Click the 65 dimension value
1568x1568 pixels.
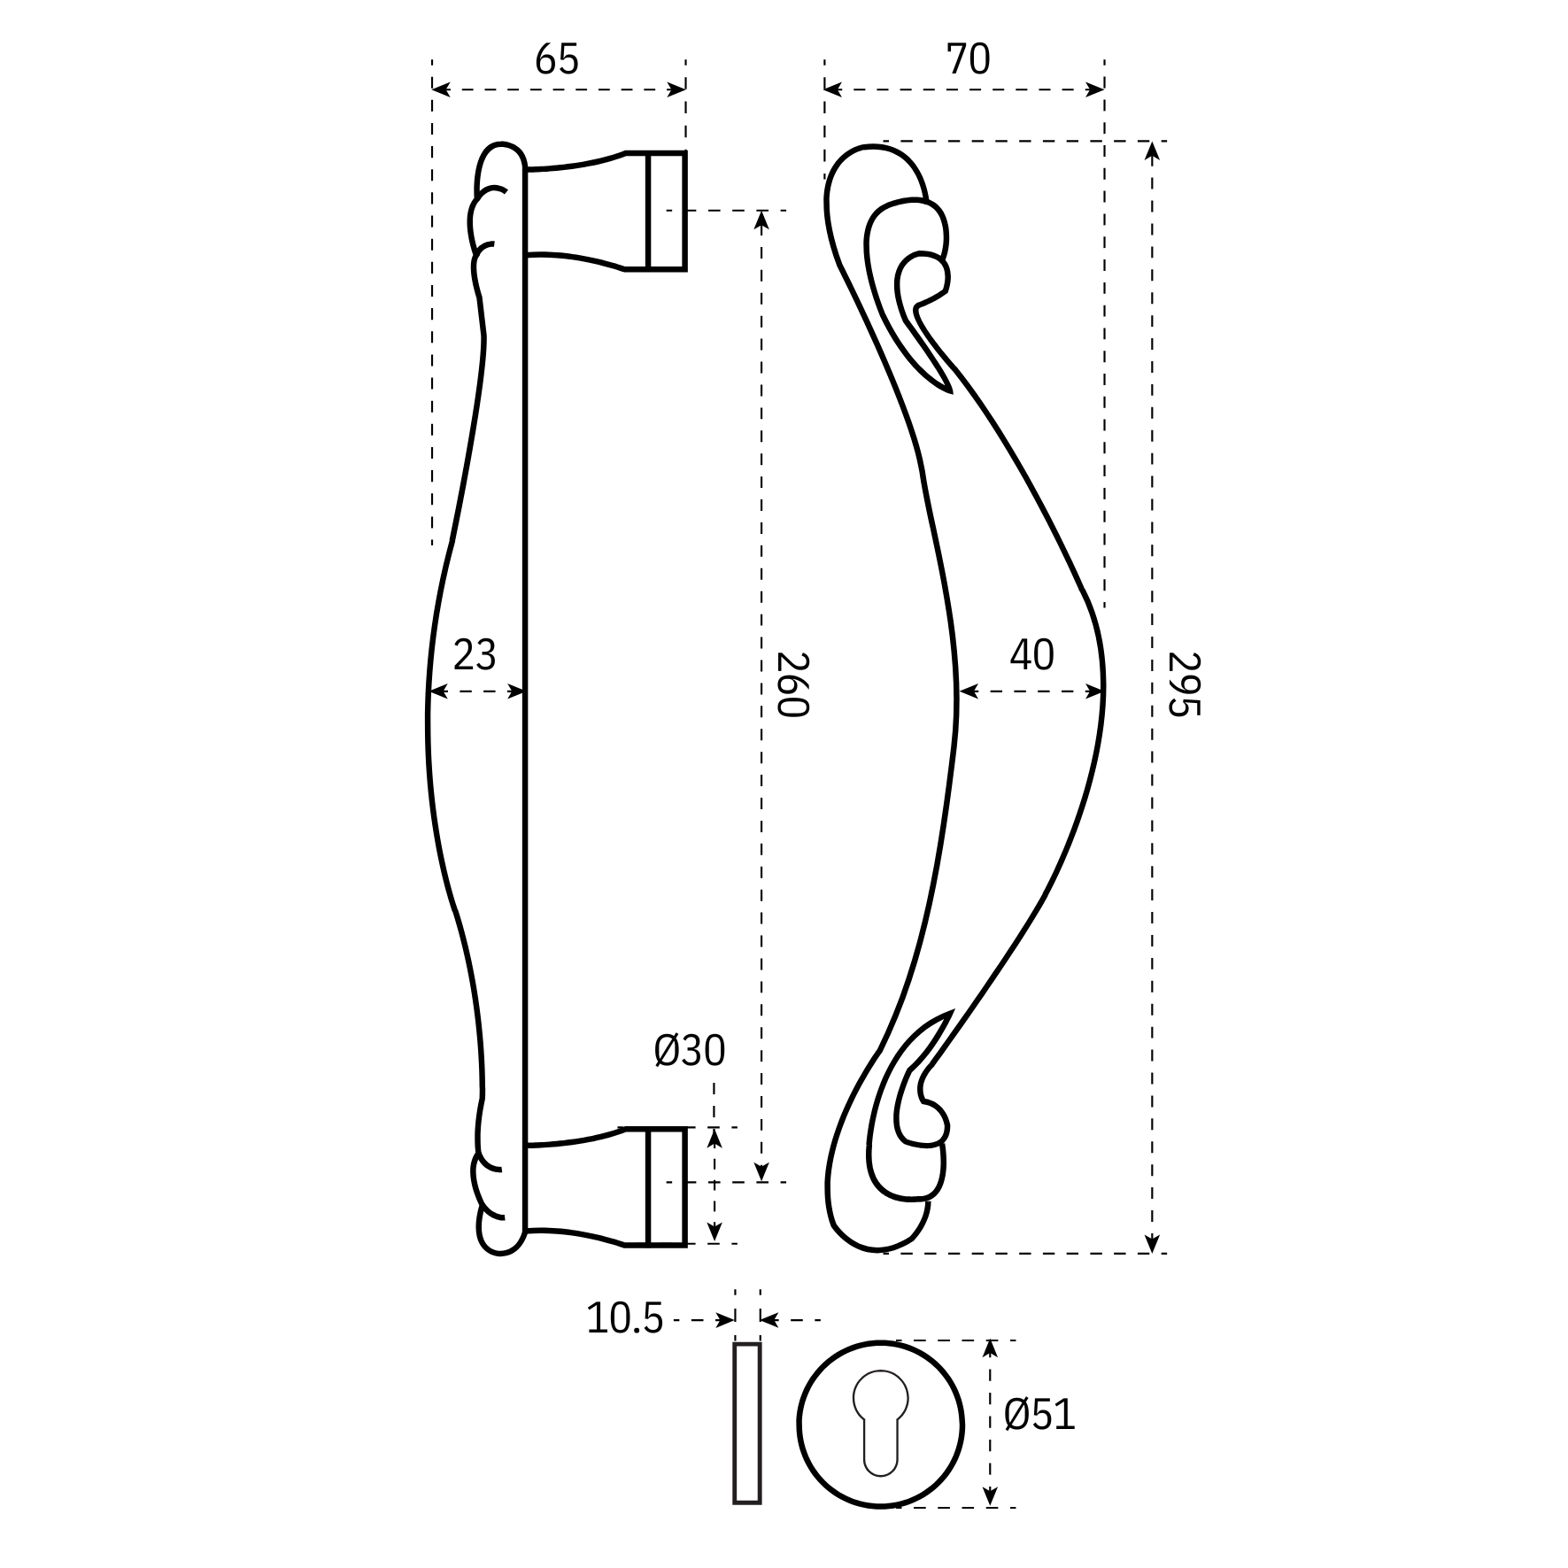pyautogui.click(x=556, y=60)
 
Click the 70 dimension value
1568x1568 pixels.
pyautogui.click(x=968, y=60)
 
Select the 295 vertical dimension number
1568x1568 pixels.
pyautogui.click(x=1185, y=684)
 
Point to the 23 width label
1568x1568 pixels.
pyautogui.click(x=475, y=656)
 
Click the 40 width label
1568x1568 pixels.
pyautogui.click(x=1031, y=656)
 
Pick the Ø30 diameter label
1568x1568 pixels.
pyautogui.click(x=690, y=1051)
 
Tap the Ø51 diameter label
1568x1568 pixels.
pyautogui.click(x=1039, y=1415)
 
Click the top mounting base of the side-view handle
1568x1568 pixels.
pyautogui.click(x=655, y=211)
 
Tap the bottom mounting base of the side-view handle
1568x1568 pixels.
pyautogui.click(x=655, y=1186)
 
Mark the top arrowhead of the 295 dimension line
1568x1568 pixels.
pyautogui.click(x=1151, y=151)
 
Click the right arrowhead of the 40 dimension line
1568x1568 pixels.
pyautogui.click(x=1094, y=691)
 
